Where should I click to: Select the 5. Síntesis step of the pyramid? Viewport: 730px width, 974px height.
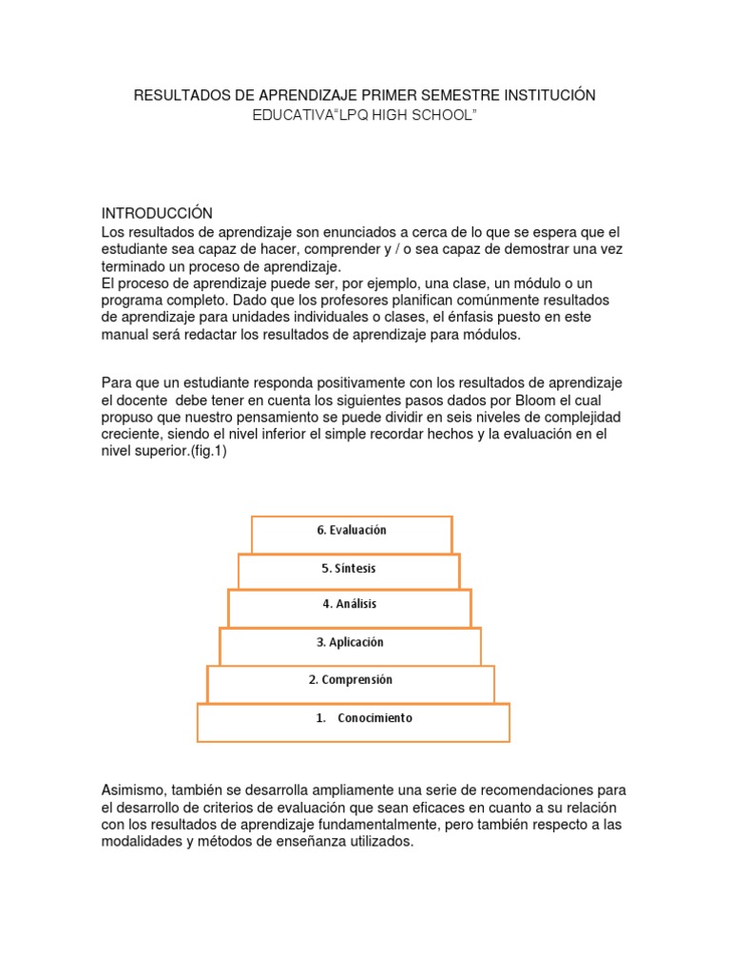(349, 569)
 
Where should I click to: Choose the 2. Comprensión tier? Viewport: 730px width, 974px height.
(350, 681)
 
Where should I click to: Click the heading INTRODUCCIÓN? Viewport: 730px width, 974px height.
(157, 212)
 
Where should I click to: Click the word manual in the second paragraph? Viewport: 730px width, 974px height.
(125, 335)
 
